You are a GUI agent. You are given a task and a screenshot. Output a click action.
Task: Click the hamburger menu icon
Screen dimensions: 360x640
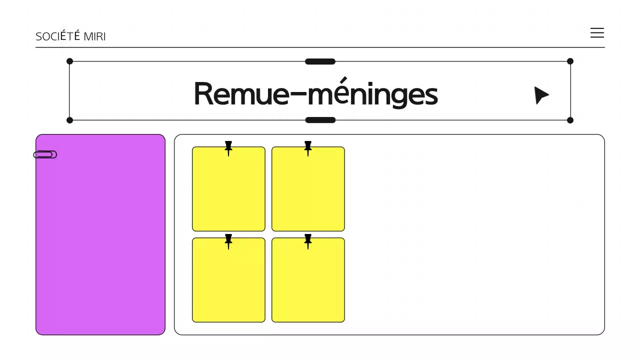(x=597, y=33)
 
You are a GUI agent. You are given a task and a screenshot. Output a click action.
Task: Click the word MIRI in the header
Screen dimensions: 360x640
(x=94, y=36)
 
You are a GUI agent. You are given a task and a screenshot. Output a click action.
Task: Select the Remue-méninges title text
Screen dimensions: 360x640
(x=315, y=93)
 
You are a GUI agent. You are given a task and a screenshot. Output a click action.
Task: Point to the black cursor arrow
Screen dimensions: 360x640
(x=540, y=95)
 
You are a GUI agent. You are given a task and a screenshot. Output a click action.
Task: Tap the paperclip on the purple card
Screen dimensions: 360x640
(x=45, y=154)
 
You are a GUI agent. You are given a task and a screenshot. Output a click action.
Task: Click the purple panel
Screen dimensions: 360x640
(x=100, y=240)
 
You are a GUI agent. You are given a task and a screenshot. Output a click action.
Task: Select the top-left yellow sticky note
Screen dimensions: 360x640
(x=228, y=192)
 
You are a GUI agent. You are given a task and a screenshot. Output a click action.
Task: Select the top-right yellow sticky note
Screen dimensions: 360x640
(x=308, y=192)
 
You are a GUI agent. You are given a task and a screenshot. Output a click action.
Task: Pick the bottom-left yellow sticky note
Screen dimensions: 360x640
(x=228, y=283)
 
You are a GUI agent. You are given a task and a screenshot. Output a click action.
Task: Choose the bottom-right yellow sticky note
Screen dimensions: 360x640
(x=308, y=283)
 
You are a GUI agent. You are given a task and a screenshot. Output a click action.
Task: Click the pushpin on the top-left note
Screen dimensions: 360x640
(x=228, y=147)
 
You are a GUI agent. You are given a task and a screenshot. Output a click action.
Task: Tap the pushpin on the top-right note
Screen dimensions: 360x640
(x=308, y=147)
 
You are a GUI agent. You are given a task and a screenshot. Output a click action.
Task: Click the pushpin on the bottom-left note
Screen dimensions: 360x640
(x=228, y=240)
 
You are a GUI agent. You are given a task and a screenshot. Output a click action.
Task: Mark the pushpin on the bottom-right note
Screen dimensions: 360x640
(x=308, y=240)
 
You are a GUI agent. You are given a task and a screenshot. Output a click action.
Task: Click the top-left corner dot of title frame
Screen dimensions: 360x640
(x=69, y=61)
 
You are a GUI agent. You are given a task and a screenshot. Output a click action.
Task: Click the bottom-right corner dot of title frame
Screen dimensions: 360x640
(x=570, y=120)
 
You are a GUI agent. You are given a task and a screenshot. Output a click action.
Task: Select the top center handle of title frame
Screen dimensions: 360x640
(x=320, y=61)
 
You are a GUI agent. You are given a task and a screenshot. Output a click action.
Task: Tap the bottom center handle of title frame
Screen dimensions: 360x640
(x=320, y=120)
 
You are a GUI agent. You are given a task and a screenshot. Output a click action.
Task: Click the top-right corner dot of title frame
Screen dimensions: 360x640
(x=570, y=61)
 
